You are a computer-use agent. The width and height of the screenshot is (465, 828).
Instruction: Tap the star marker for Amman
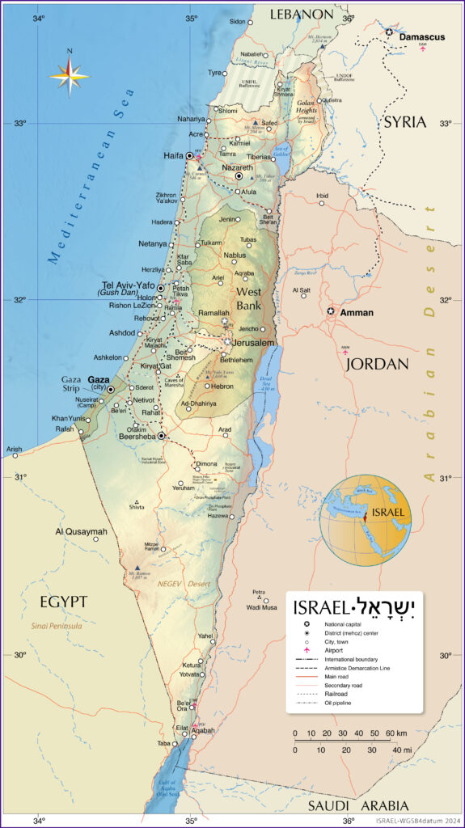coord(331,310)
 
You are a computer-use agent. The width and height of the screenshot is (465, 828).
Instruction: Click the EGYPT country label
coord(63,601)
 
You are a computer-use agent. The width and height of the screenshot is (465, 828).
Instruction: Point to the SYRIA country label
coord(404,121)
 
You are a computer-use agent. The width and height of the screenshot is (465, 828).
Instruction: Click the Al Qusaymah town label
coord(81,531)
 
